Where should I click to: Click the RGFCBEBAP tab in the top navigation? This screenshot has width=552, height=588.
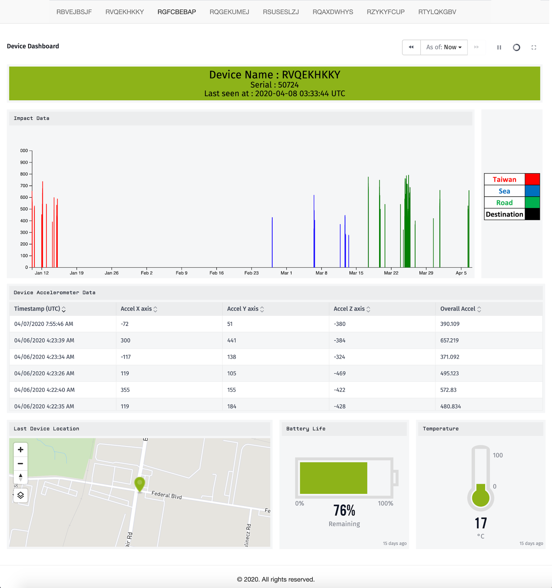click(177, 12)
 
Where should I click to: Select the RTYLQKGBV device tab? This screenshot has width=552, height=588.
click(437, 12)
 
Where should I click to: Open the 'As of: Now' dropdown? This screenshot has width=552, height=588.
click(444, 47)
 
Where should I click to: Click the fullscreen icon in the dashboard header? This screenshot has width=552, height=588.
click(534, 47)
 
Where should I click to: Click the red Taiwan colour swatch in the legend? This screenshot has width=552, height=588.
click(532, 179)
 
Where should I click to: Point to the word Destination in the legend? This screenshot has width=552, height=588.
click(504, 214)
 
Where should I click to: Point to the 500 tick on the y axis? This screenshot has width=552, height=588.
click(24, 209)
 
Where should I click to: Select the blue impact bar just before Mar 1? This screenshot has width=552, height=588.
click(272, 243)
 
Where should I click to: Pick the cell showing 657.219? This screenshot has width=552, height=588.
click(449, 340)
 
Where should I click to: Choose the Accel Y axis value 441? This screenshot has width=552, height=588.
click(232, 340)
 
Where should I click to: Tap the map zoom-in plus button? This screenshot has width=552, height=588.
click(20, 449)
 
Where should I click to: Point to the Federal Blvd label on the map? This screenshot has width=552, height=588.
click(166, 495)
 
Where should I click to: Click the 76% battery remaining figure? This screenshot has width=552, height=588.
click(344, 510)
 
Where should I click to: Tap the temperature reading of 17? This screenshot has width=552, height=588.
click(481, 523)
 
